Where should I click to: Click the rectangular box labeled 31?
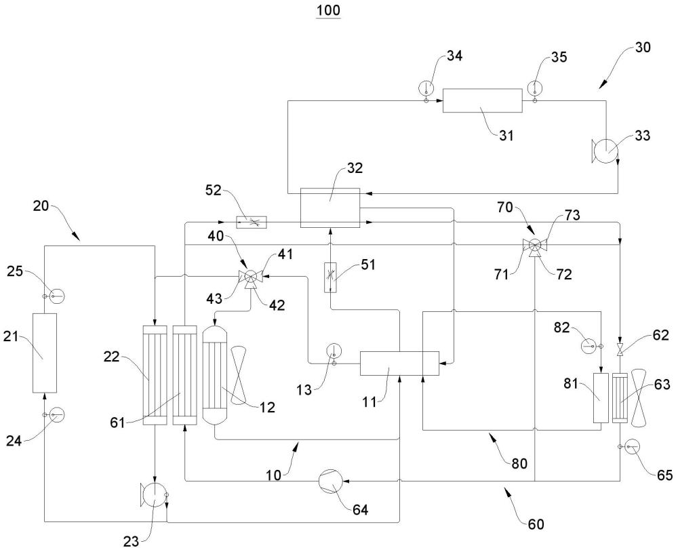click(482, 100)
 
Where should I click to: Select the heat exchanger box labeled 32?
click(330, 208)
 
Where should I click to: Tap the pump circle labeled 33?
click(605, 150)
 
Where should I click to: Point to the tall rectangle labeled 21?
click(45, 353)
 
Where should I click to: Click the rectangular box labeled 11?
click(399, 363)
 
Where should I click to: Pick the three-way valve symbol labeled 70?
click(535, 245)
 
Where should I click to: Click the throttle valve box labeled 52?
click(252, 222)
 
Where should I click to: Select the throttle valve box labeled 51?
click(330, 277)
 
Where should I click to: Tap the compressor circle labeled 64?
click(330, 481)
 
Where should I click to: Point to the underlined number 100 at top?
click(328, 10)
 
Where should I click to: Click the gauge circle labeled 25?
click(57, 296)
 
